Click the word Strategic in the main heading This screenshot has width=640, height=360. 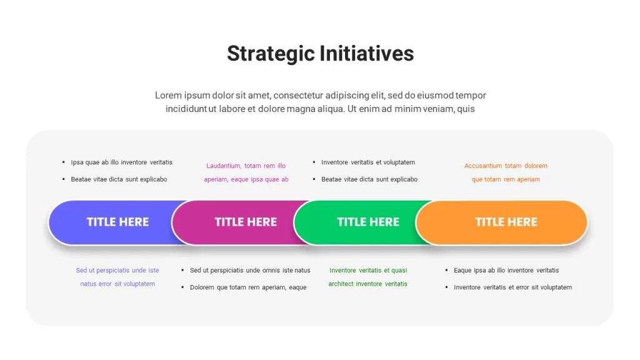point(271,54)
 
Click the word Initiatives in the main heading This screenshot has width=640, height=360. point(366,54)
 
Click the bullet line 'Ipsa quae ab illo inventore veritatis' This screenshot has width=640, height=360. point(122,162)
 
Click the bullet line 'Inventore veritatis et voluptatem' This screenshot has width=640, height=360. point(368,162)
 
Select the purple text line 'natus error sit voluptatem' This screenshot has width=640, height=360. point(117,284)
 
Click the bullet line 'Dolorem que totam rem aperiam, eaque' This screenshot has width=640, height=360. point(248,287)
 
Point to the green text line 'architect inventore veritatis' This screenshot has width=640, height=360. point(367,284)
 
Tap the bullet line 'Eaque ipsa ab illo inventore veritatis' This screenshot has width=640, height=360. point(506,270)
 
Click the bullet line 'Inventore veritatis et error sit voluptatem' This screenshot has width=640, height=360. point(512,287)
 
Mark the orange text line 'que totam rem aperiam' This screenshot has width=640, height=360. point(506,179)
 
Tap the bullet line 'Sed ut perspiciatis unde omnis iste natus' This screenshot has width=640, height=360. point(250,270)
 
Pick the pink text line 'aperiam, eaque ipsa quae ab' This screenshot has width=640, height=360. point(246,179)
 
